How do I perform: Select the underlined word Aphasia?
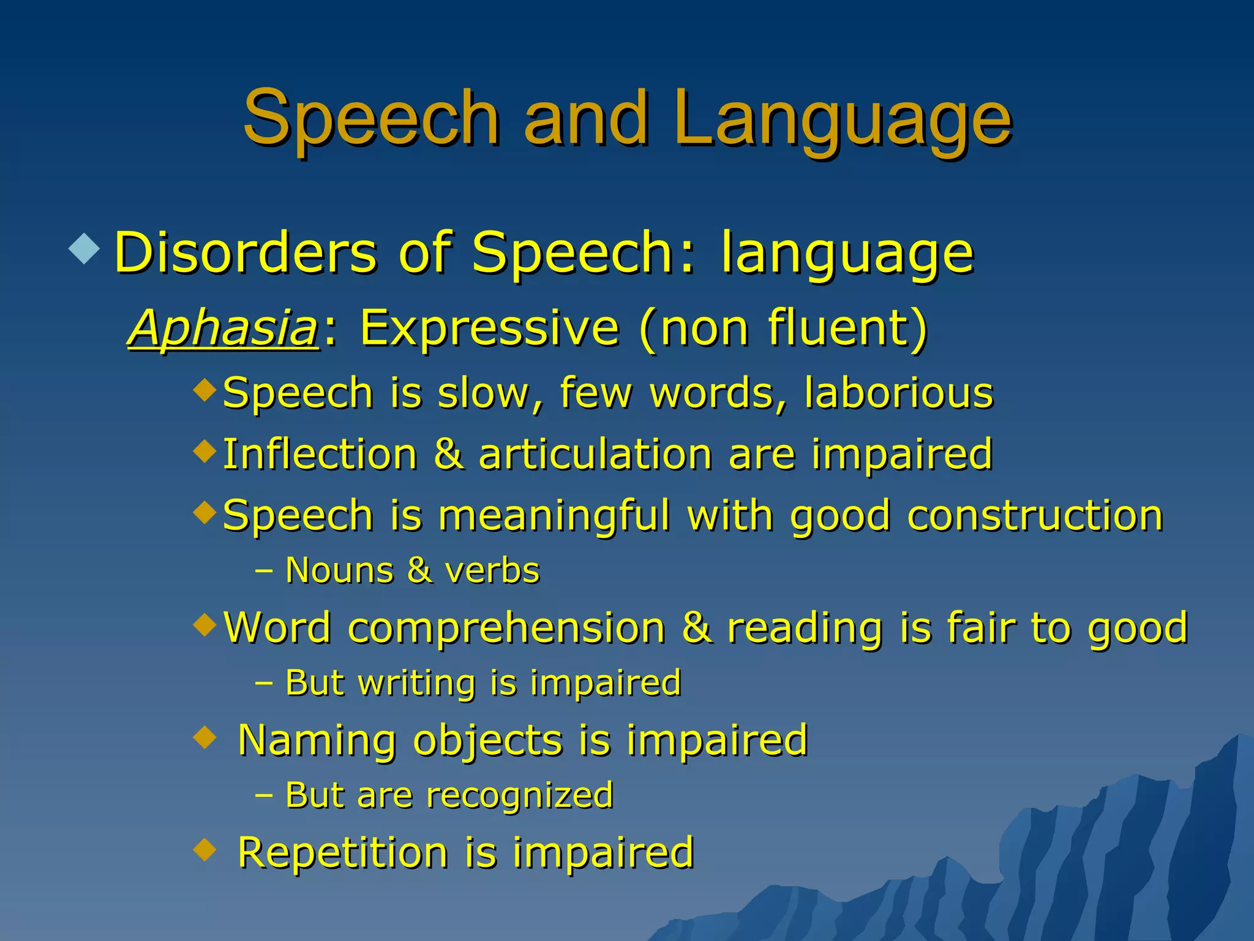coord(223,328)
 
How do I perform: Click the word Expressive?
coord(489,328)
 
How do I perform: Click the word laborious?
coord(898,393)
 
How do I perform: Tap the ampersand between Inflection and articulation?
coord(448,454)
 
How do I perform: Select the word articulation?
coord(595,455)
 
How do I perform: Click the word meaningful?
coord(554,515)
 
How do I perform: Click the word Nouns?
coord(339,571)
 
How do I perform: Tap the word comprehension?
coord(506,628)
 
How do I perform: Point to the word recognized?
coord(520,796)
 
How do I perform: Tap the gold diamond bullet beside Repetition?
coord(205,850)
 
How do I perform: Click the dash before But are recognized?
coord(264,796)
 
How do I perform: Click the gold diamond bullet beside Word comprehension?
coord(205,625)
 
